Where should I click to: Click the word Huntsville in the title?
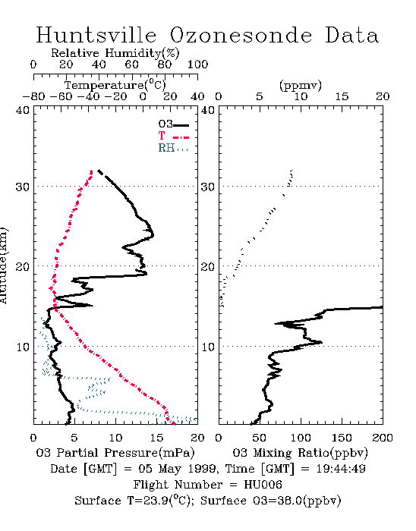[96, 35]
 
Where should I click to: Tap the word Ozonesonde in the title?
[241, 35]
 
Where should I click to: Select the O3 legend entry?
[173, 124]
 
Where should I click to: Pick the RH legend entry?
[173, 148]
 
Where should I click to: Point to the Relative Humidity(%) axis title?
[115, 53]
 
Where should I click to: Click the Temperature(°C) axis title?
[115, 85]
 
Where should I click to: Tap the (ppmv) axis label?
[301, 85]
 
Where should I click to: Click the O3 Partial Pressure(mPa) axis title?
[115, 453]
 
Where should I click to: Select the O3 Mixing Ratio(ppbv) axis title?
[300, 453]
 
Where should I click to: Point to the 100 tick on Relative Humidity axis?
[197, 64]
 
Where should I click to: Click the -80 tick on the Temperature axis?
[33, 96]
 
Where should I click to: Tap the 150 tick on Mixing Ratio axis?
[342, 438]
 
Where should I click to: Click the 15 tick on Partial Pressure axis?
[156, 438]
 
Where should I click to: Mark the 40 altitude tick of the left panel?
[23, 110]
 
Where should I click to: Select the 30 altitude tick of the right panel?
[208, 187]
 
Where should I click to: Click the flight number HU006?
[263, 485]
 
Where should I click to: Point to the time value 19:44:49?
[341, 469]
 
